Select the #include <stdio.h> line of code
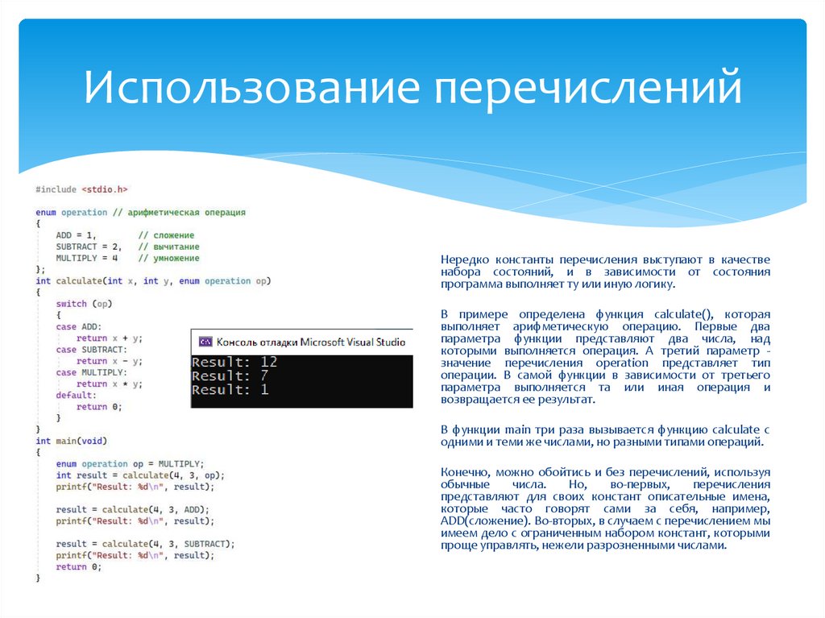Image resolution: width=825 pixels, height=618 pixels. [x=81, y=189]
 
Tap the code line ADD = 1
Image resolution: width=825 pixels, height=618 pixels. [x=77, y=234]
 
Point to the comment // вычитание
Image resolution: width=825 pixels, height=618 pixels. [x=168, y=247]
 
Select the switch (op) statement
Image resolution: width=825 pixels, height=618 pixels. [x=83, y=304]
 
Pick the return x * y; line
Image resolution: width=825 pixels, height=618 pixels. [x=110, y=384]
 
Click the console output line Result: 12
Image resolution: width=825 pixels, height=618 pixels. [x=234, y=362]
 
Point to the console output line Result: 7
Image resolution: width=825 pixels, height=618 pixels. [x=230, y=376]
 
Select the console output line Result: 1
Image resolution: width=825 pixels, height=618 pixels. [x=230, y=390]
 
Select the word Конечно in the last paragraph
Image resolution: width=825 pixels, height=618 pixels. [x=466, y=471]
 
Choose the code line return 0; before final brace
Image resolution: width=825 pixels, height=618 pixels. [x=79, y=567]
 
